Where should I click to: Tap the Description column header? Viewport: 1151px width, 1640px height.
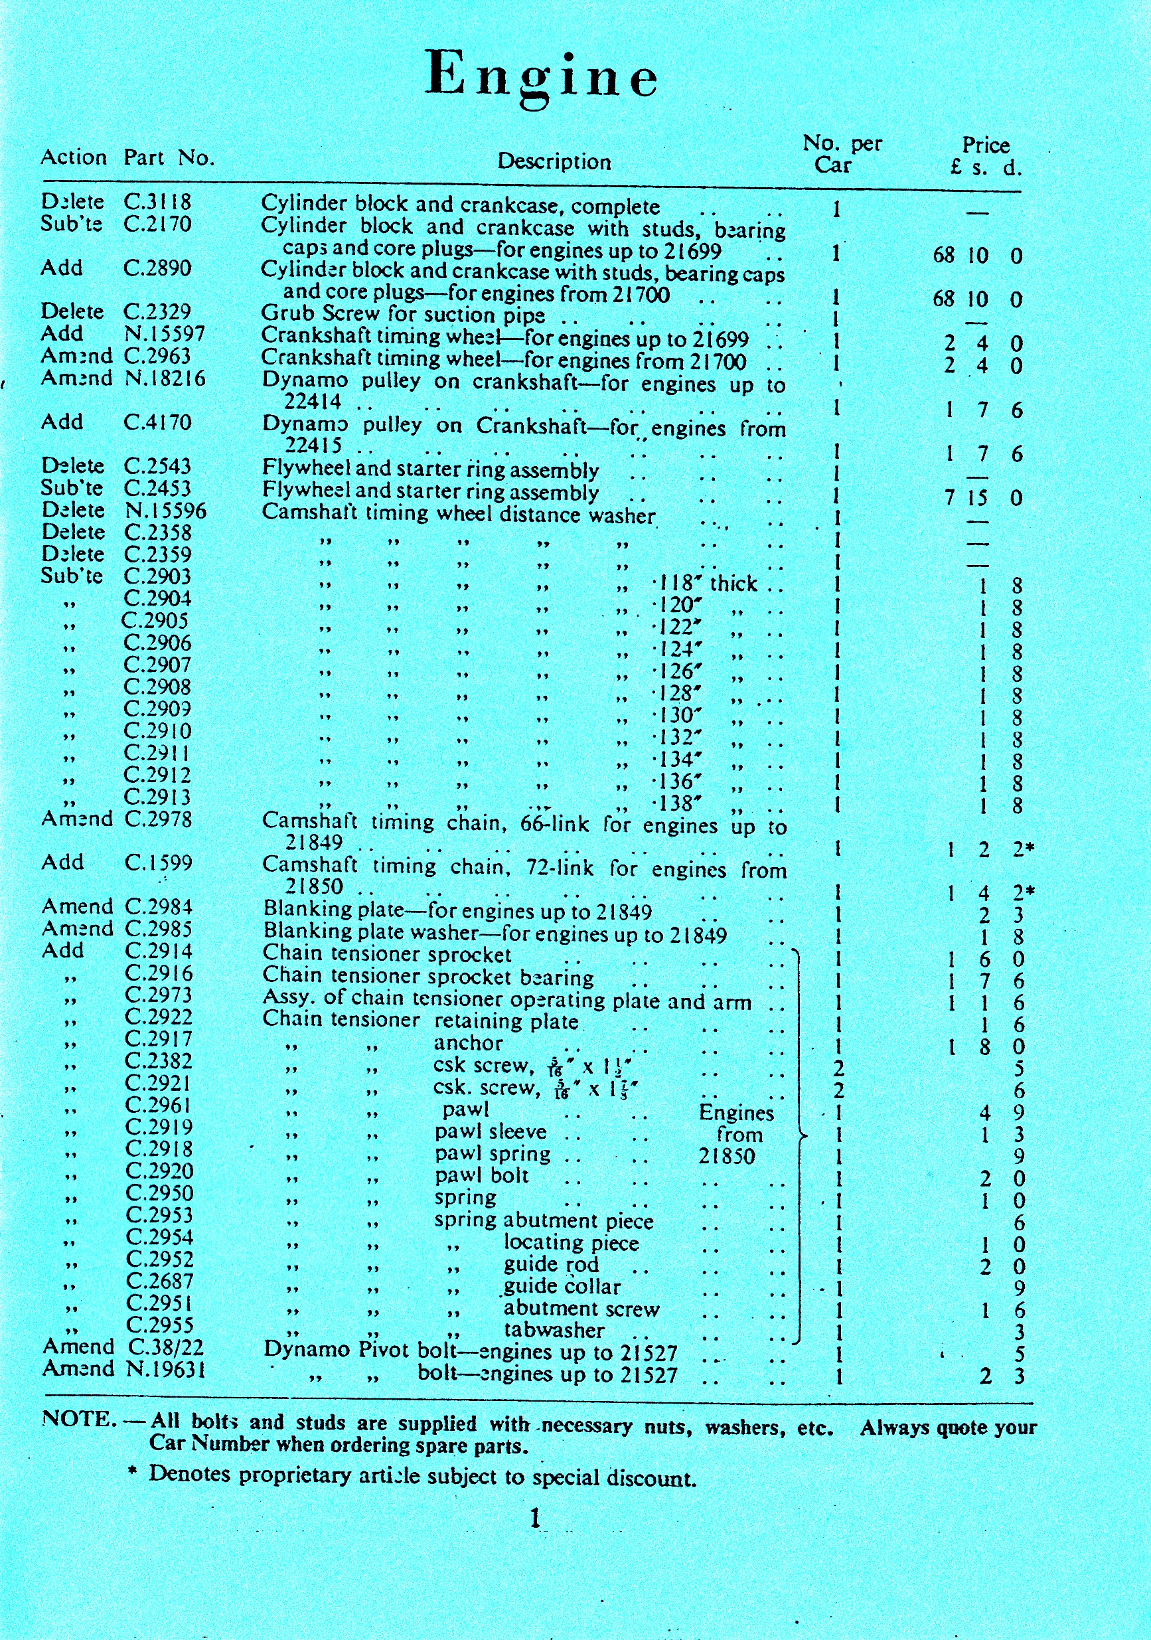pos(554,161)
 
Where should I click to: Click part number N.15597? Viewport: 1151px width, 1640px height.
pos(165,333)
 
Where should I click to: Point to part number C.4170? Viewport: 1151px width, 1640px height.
pos(158,422)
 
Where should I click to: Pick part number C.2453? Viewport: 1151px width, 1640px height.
pos(158,489)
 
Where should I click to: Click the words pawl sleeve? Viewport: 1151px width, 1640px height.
pos(491,1132)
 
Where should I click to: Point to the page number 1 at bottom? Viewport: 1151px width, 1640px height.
pos(536,1518)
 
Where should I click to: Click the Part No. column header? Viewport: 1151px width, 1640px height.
pos(169,157)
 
